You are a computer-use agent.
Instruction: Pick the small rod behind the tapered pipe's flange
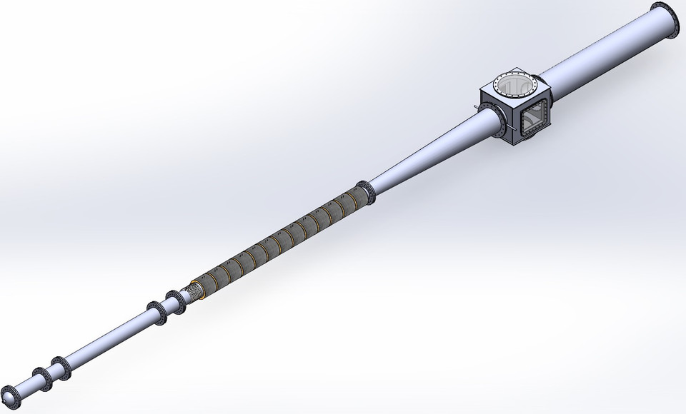(x=477, y=109)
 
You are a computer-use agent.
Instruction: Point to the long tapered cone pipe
(x=429, y=153)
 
